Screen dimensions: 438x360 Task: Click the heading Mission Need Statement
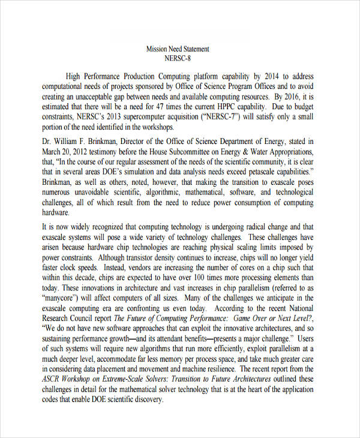[x=178, y=49]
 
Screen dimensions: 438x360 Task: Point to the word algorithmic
[x=163, y=193]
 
